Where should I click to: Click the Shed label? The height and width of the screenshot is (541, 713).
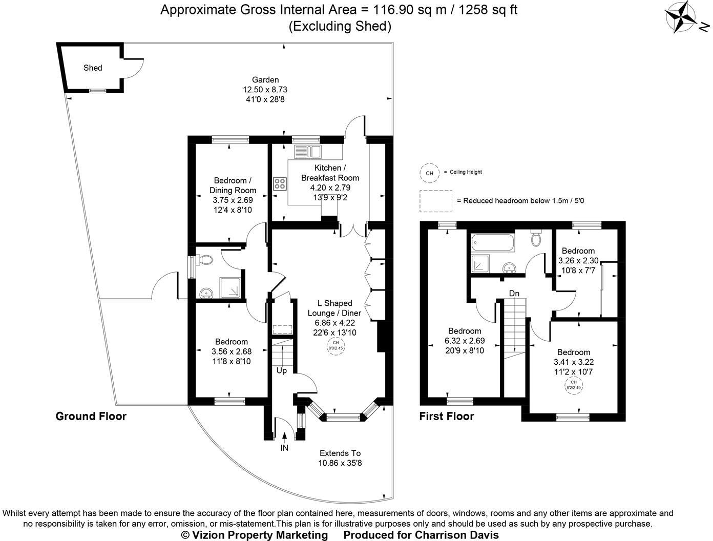tap(93, 68)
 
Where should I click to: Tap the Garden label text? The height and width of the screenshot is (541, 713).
tap(265, 80)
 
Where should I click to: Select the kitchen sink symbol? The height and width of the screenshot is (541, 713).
tap(307, 151)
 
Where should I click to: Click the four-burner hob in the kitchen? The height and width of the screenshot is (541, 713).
tap(280, 184)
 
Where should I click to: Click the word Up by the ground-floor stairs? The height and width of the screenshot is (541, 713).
tap(281, 370)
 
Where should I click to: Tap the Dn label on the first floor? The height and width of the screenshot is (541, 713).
tap(514, 294)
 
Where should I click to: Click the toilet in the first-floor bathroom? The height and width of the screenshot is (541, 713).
tap(537, 239)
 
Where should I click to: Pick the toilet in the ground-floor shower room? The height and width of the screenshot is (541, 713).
tap(205, 260)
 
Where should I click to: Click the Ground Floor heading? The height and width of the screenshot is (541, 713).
tap(91, 416)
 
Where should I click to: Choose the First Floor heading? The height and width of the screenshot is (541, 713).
tap(447, 416)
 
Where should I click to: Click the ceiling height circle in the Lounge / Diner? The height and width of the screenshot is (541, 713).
tap(335, 345)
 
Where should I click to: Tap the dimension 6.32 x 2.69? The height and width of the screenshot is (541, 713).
tap(465, 341)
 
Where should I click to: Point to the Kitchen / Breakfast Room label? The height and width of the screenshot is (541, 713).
tap(329, 173)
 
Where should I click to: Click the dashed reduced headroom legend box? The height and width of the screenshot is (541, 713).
tap(435, 201)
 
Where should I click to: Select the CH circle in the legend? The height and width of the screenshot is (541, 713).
tap(429, 173)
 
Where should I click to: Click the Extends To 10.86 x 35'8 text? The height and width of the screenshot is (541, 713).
tap(340, 458)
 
